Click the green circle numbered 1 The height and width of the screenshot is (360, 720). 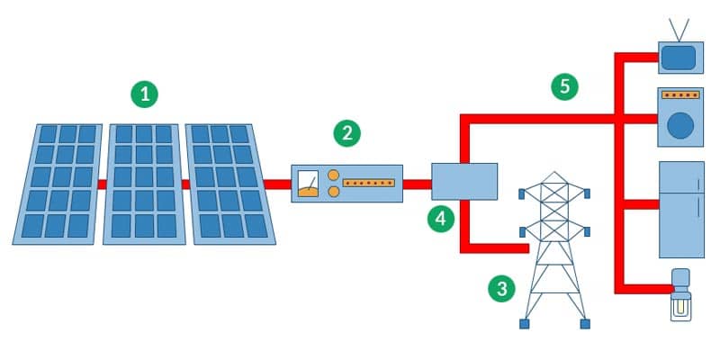[x=144, y=93]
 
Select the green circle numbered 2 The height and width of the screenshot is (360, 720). [x=346, y=134]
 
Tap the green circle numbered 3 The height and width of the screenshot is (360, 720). [x=501, y=288]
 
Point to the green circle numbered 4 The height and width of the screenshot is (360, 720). [x=440, y=219]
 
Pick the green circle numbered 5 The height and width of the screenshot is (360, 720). [x=564, y=86]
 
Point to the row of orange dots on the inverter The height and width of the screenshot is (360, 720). [x=370, y=183]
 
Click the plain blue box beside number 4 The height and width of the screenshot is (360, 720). [x=464, y=181]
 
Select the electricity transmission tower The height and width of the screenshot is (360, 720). [x=554, y=252]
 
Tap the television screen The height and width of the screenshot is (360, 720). [x=679, y=58]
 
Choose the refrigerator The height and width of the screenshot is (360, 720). [x=681, y=210]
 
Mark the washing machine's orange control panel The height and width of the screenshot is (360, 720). [x=681, y=94]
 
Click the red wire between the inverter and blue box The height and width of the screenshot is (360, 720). [x=418, y=184]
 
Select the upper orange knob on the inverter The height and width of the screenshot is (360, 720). [x=333, y=175]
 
